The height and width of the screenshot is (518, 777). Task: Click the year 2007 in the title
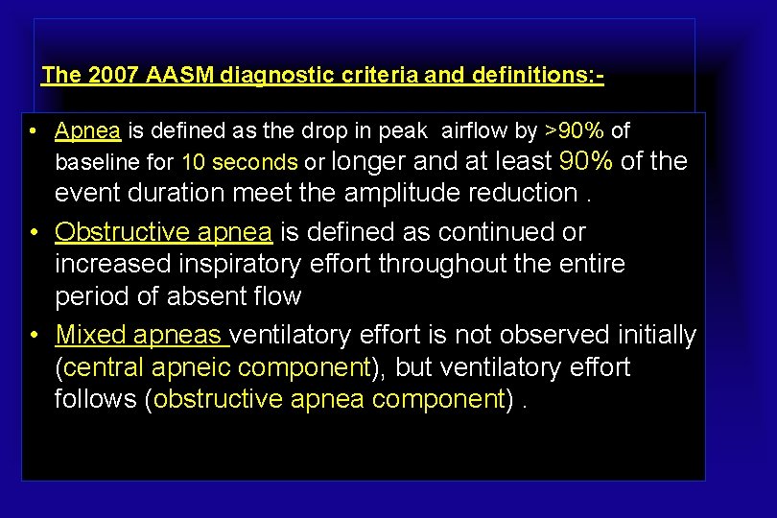(x=113, y=75)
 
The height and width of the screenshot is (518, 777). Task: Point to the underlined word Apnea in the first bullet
(x=87, y=130)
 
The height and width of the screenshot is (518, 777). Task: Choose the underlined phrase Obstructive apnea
(x=164, y=232)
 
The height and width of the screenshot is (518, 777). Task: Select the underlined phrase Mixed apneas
(x=141, y=335)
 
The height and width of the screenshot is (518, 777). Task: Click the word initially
(x=650, y=335)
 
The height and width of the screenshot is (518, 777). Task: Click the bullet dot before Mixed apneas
(x=35, y=335)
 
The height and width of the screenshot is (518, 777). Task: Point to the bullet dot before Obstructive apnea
(x=35, y=232)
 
